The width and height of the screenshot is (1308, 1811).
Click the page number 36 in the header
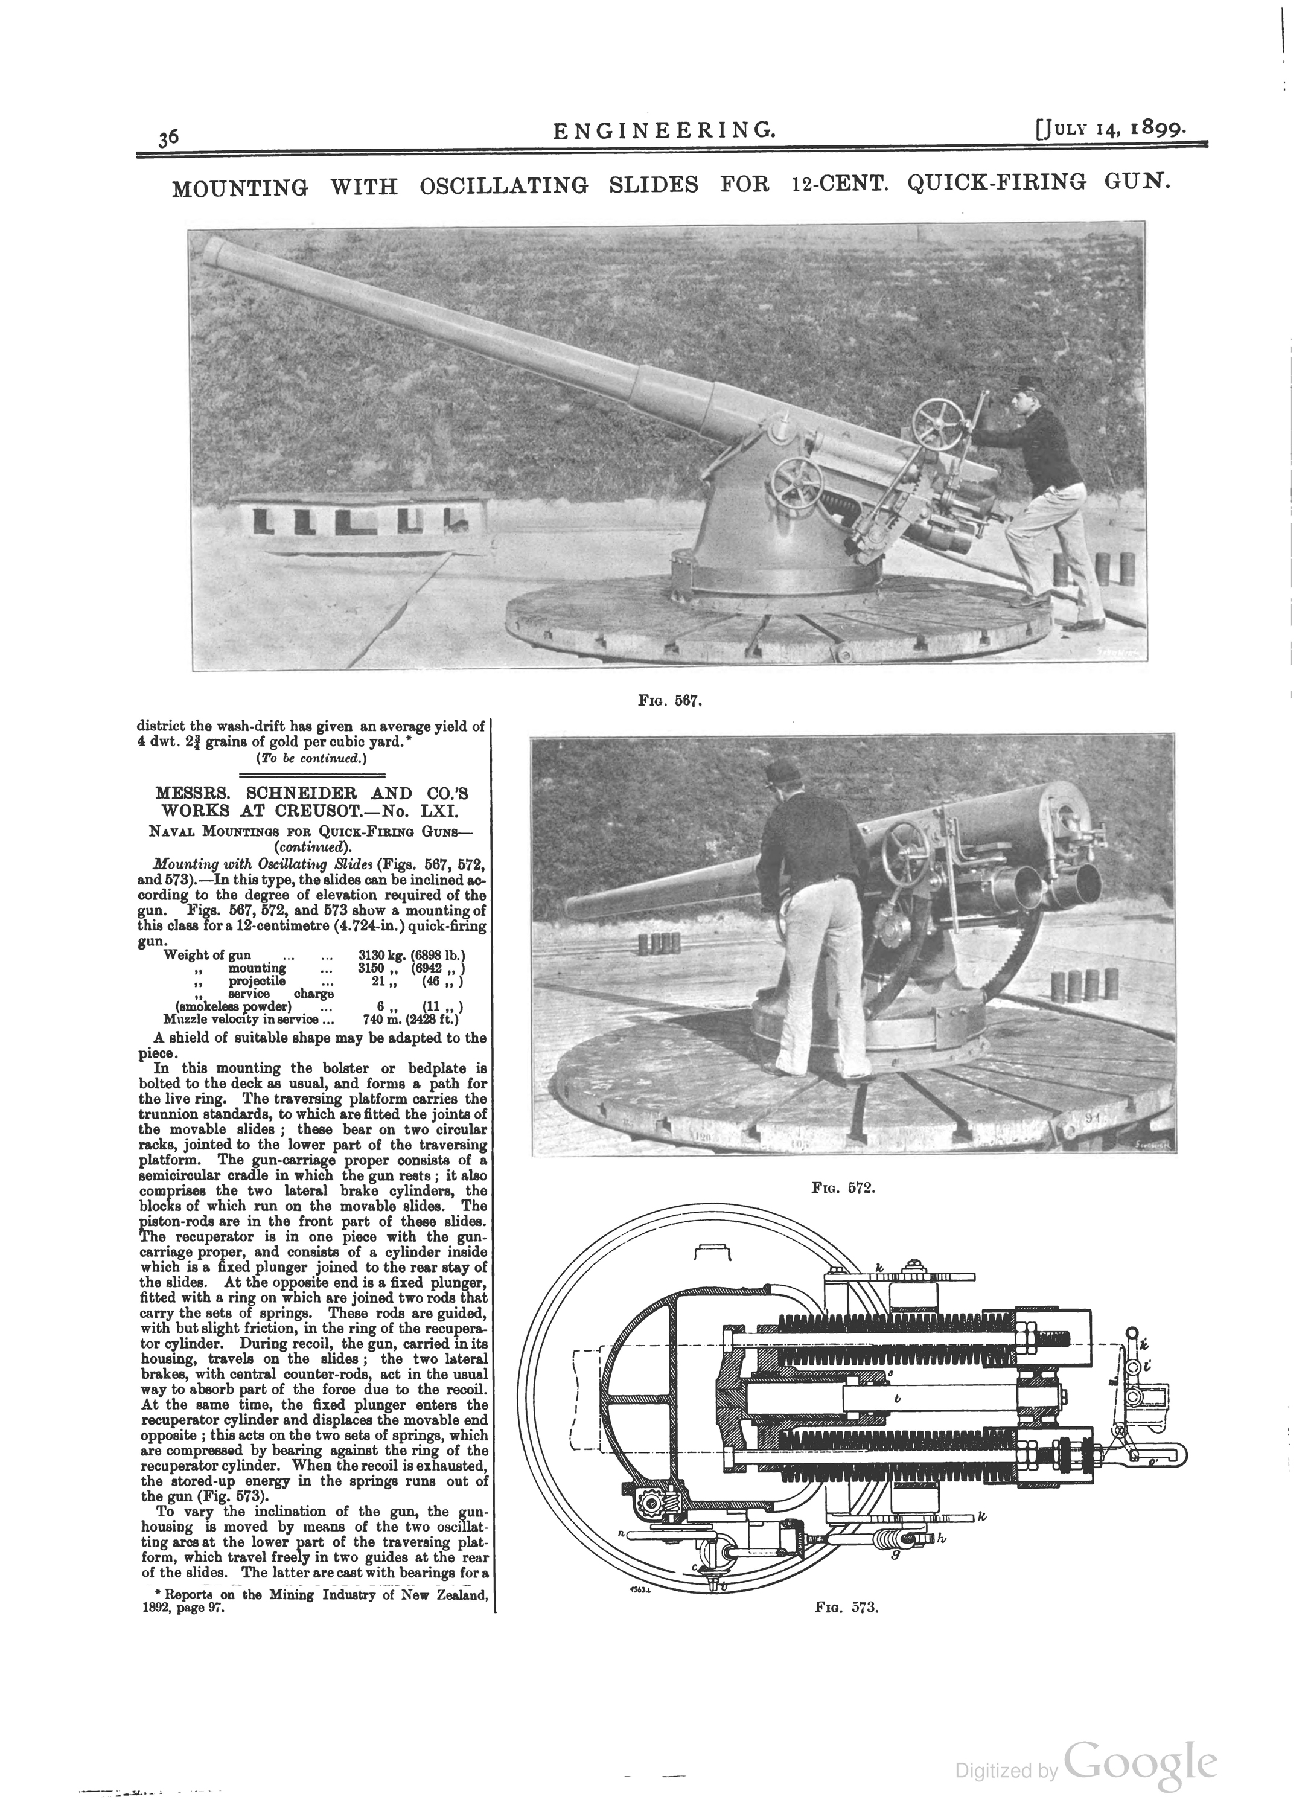coord(168,138)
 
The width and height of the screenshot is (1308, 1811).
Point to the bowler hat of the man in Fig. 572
coord(780,771)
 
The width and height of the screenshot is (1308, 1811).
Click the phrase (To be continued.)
coord(311,759)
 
